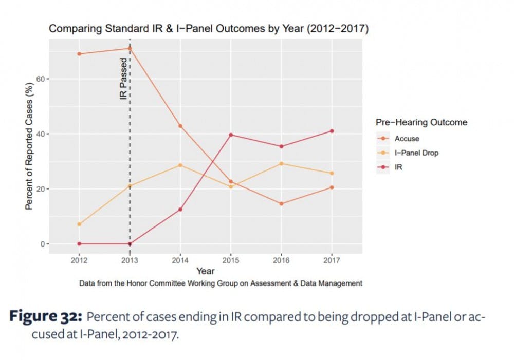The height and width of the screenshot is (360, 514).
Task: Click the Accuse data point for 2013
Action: click(130, 49)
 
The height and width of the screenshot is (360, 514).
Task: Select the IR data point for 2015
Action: click(231, 135)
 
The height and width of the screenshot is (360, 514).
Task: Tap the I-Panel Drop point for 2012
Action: click(79, 224)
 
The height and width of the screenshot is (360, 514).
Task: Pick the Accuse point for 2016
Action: click(281, 204)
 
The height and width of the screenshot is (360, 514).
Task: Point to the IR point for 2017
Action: click(332, 131)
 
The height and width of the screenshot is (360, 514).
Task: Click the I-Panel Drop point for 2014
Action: click(180, 165)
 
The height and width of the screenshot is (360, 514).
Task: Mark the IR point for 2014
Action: click(180, 210)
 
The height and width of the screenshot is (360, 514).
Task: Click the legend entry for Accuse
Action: click(407, 139)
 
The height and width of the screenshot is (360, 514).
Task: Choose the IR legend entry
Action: click(398, 167)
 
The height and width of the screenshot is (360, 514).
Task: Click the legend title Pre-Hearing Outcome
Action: click(421, 123)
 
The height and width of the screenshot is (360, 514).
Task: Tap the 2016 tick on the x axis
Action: click(281, 261)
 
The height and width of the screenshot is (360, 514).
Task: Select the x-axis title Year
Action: click(205, 271)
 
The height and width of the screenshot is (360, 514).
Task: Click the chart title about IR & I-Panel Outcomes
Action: click(208, 29)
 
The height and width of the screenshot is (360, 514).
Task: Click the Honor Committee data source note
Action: click(221, 283)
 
